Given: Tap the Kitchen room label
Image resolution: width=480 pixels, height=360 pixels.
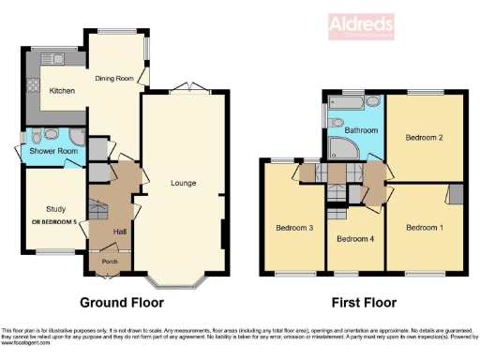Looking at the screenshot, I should (50, 91).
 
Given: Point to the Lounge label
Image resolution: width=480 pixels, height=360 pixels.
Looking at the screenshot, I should (183, 183).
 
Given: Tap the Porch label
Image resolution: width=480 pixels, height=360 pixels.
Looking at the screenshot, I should (110, 262).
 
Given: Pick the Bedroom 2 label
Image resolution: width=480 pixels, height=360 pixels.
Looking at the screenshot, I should (424, 138).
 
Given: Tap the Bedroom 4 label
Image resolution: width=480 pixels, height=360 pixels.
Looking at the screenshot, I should (355, 238).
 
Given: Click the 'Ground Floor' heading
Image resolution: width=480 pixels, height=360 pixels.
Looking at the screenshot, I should (122, 303).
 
